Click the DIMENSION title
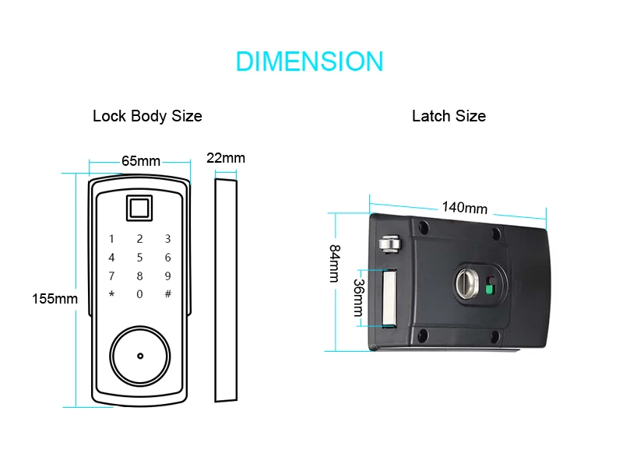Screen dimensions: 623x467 309,61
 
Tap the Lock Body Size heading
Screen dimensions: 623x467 147,116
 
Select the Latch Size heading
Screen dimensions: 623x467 449,116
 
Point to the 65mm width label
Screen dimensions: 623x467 141,161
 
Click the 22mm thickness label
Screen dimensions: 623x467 226,158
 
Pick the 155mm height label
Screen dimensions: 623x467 55,299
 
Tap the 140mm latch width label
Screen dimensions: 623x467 465,208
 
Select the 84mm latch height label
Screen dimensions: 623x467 335,263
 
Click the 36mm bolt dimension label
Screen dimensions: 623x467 358,297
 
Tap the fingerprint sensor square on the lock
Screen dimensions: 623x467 139,208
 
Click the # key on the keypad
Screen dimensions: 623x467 168,294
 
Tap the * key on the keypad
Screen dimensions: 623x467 111,294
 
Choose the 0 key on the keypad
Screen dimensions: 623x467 139,294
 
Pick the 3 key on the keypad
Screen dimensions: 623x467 167,239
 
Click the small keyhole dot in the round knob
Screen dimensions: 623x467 140,356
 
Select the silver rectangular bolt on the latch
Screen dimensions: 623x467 389,298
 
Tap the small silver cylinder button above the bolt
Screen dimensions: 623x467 390,244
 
